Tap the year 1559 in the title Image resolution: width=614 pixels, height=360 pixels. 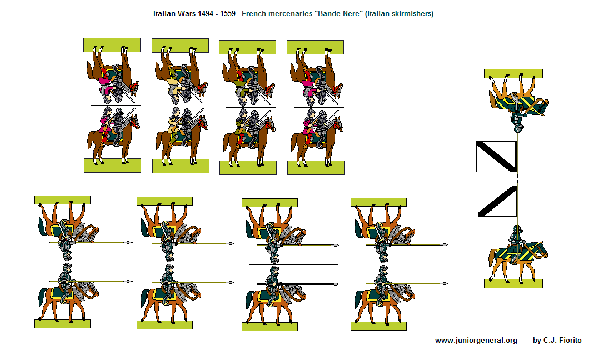coord(227,14)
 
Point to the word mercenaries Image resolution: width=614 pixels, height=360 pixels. coord(289,14)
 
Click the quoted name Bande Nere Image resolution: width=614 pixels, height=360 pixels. coord(338,14)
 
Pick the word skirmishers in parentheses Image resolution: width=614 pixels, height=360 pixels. coord(412,14)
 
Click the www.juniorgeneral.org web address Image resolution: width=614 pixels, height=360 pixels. coord(476,341)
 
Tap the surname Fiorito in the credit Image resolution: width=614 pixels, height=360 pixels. coord(568,341)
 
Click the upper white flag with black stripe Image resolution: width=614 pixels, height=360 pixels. coord(496,157)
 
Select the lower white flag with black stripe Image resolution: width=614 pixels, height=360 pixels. coord(497,201)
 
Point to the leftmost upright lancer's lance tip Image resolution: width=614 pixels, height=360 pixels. coord(130,281)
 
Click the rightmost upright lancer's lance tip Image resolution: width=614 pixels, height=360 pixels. coord(445,283)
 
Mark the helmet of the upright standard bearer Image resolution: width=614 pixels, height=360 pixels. coord(517,229)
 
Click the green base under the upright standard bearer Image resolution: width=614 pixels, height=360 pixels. coord(513,284)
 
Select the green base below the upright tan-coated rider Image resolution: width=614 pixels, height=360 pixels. coord(181,166)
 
